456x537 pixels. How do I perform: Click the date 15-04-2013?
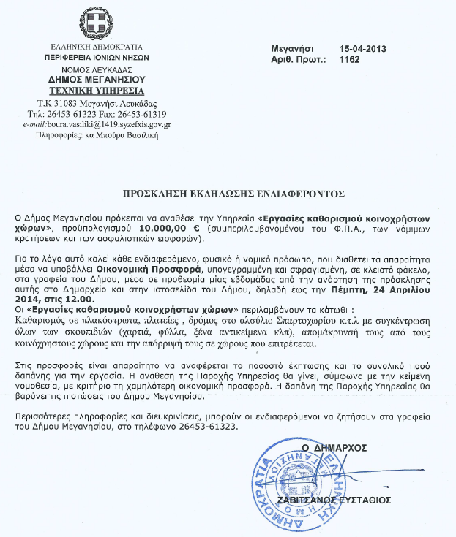[363, 49]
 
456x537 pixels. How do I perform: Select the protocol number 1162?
[351, 60]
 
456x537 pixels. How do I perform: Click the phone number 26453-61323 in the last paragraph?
[212, 426]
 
